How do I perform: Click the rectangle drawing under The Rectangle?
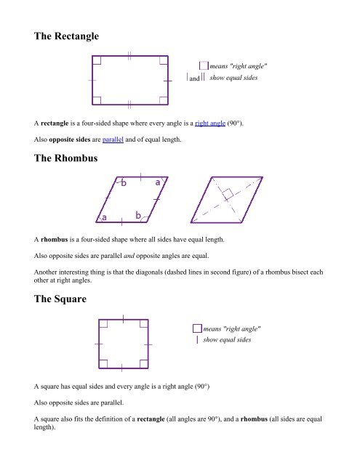[130, 79]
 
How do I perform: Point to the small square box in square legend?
[197, 329]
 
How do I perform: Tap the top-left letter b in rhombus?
[124, 184]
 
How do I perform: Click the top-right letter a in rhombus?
[158, 183]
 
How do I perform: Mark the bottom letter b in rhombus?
[138, 217]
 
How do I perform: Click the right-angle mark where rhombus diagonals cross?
[228, 194]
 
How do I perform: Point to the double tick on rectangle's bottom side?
[129, 104]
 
